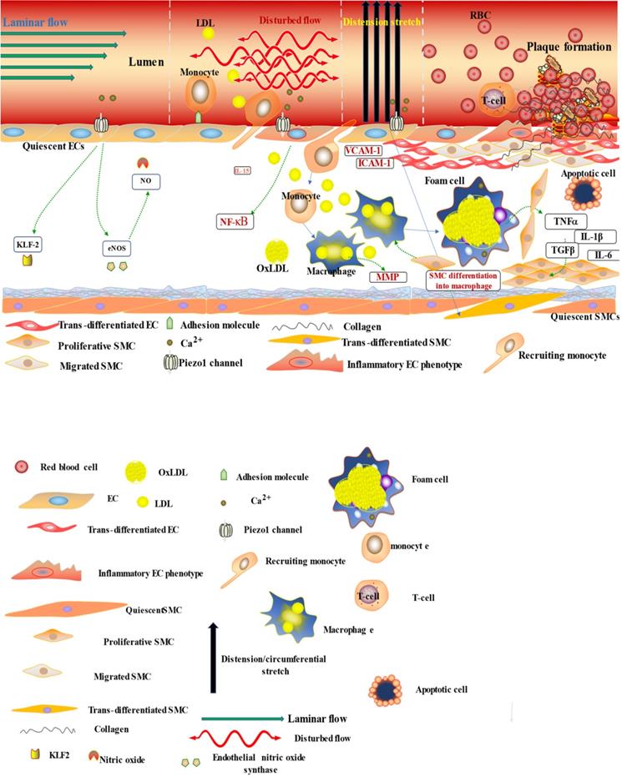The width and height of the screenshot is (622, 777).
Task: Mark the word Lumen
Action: (151, 62)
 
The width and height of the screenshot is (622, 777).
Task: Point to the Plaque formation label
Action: (572, 48)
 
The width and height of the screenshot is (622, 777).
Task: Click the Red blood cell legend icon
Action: (23, 467)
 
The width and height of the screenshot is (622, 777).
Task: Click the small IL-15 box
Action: (242, 170)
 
